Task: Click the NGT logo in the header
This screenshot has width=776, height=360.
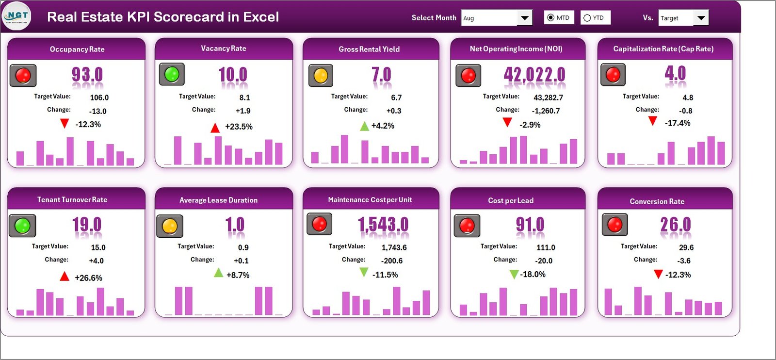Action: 17,16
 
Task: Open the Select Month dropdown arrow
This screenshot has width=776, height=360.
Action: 524,18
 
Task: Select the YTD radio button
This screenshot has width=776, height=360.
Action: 587,18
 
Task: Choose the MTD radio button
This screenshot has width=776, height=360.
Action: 550,18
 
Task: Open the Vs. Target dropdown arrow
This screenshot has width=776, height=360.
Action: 701,18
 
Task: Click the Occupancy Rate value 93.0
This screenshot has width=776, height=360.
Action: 87,75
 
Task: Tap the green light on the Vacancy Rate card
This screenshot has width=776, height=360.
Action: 172,74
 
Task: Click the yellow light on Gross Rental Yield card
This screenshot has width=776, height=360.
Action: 321,76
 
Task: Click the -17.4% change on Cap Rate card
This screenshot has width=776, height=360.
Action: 678,123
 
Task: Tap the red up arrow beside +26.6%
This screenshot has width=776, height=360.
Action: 65,277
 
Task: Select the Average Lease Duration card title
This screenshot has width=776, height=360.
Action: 218,200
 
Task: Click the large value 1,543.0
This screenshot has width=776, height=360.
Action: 383,225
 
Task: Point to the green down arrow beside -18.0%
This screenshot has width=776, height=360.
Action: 514,275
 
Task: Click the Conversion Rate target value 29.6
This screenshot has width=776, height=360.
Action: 686,247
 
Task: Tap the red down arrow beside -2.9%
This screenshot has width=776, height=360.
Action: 507,122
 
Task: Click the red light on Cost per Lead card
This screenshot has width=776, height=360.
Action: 467,226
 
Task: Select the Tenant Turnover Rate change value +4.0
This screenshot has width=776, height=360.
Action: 96,261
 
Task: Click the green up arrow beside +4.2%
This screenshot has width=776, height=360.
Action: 365,126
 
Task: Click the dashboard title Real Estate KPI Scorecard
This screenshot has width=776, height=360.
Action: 162,17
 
